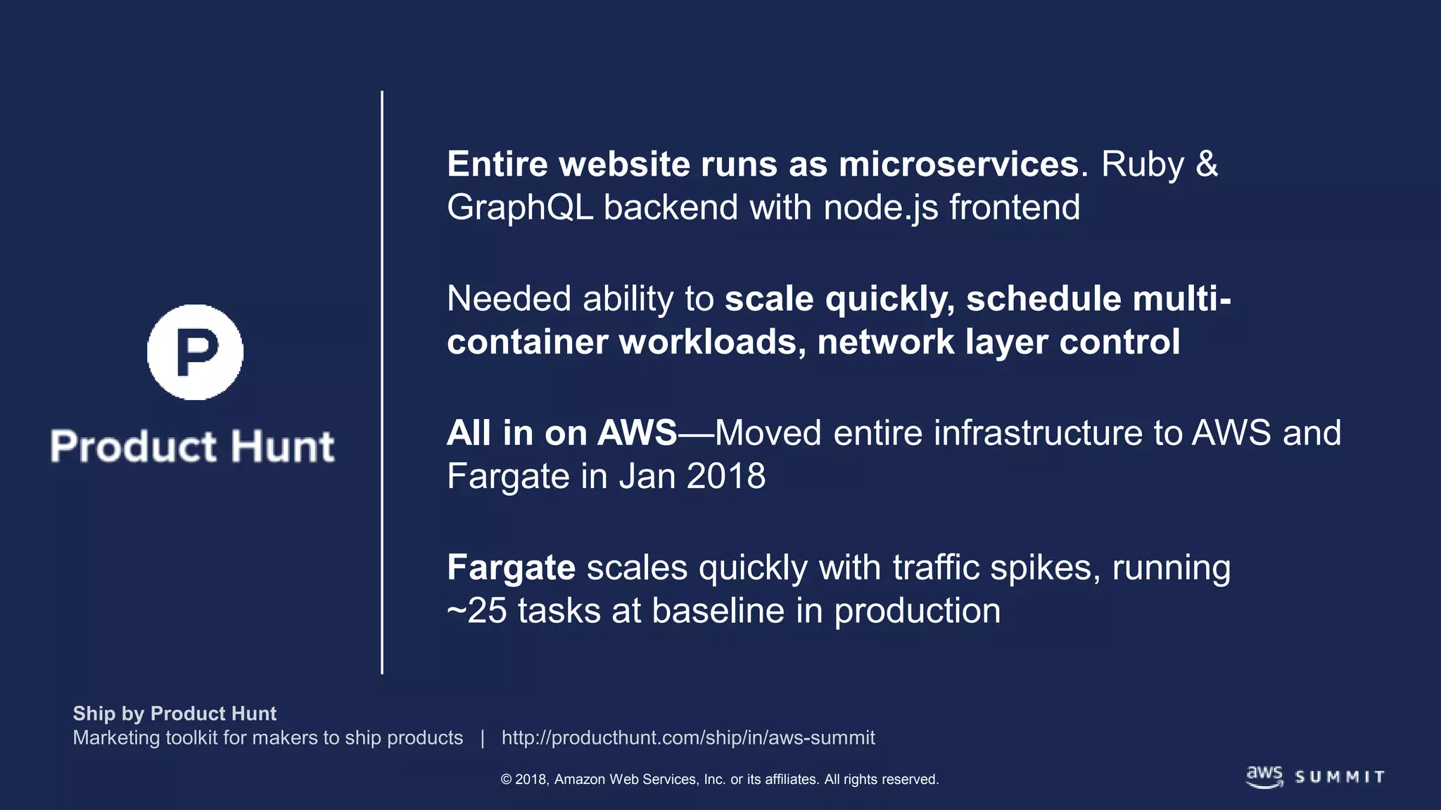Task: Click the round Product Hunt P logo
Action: (195, 352)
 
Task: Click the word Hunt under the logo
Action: (283, 446)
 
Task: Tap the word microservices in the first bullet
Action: (958, 165)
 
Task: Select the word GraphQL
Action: (520, 208)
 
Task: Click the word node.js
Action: (881, 208)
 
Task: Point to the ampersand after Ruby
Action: (1207, 165)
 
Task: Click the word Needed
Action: (509, 299)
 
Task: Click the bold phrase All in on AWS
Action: (561, 433)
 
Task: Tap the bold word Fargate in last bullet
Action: (511, 567)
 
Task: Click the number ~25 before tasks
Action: (476, 611)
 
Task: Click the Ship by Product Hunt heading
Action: (174, 714)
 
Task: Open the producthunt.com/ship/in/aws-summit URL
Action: (687, 738)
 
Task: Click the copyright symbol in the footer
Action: (506, 780)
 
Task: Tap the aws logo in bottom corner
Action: (1264, 776)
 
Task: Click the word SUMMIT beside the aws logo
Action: (1340, 777)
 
